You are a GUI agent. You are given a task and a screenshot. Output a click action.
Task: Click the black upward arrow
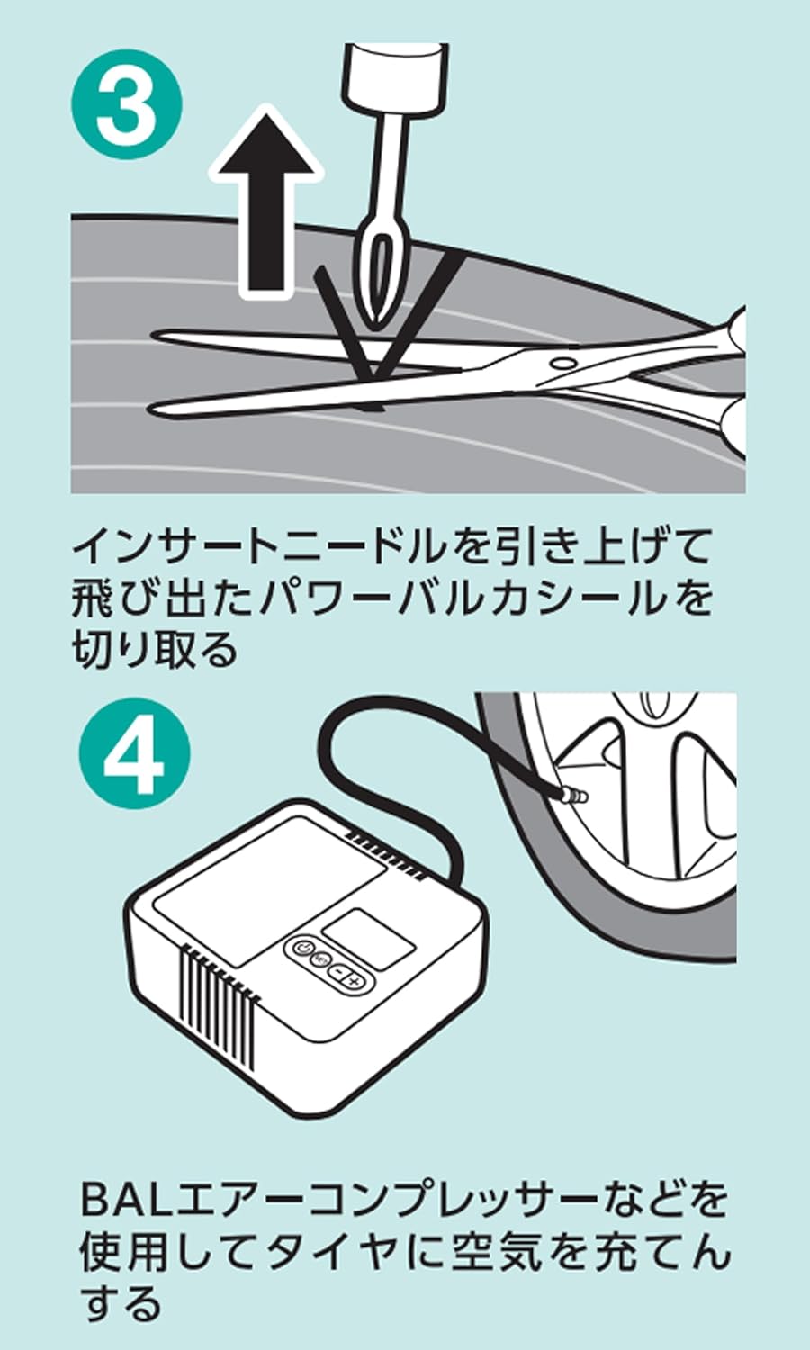pyautogui.click(x=266, y=202)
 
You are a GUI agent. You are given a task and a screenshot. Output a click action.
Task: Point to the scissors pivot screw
pyautogui.click(x=563, y=363)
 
